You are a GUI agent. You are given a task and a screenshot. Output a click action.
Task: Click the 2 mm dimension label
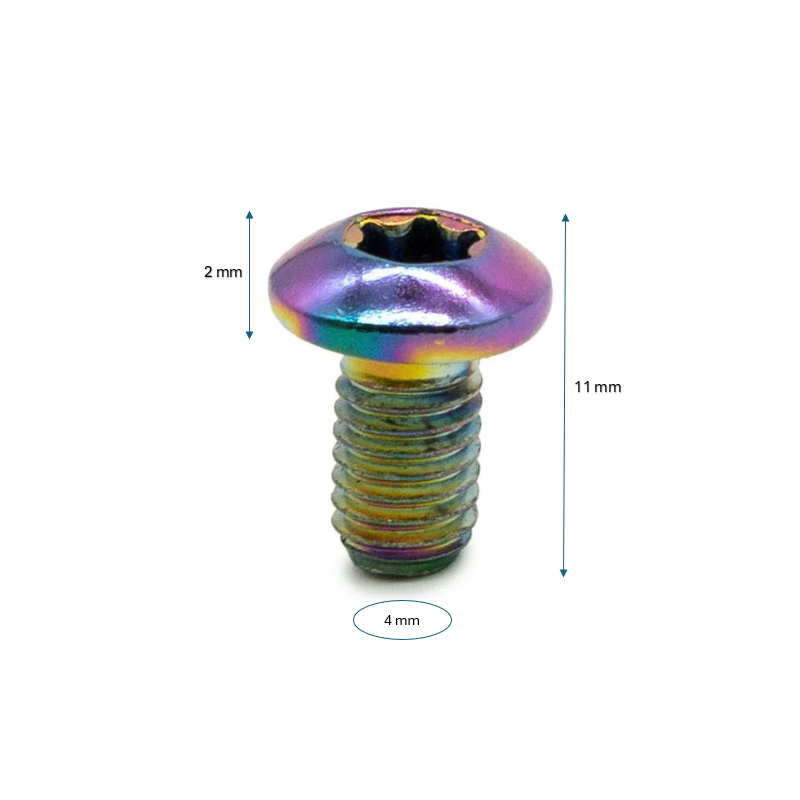(223, 272)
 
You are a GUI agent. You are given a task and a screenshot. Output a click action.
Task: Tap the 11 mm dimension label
(598, 387)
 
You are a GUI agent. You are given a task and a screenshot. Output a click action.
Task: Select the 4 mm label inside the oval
(402, 620)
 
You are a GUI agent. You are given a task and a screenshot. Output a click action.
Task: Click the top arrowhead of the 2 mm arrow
(249, 214)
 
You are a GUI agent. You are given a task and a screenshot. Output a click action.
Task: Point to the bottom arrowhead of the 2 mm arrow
(249, 335)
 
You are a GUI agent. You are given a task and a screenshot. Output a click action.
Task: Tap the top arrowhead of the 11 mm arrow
(565, 218)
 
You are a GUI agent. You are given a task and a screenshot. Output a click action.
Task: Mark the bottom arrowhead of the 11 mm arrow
(564, 572)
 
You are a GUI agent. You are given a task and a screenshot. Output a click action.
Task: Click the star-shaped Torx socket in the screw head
(412, 237)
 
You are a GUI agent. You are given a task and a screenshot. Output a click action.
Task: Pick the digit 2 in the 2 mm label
(208, 272)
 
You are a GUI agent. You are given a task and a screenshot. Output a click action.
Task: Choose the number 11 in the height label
(582, 387)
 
